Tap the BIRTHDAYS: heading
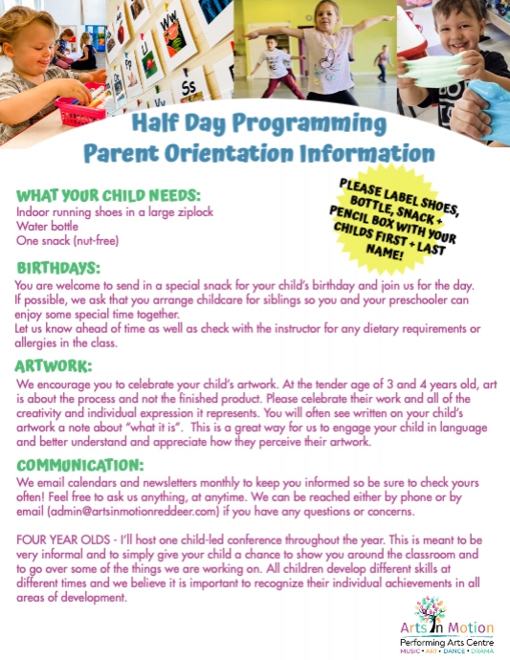coord(57,268)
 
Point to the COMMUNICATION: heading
coord(81,465)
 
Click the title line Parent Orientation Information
coord(258,152)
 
